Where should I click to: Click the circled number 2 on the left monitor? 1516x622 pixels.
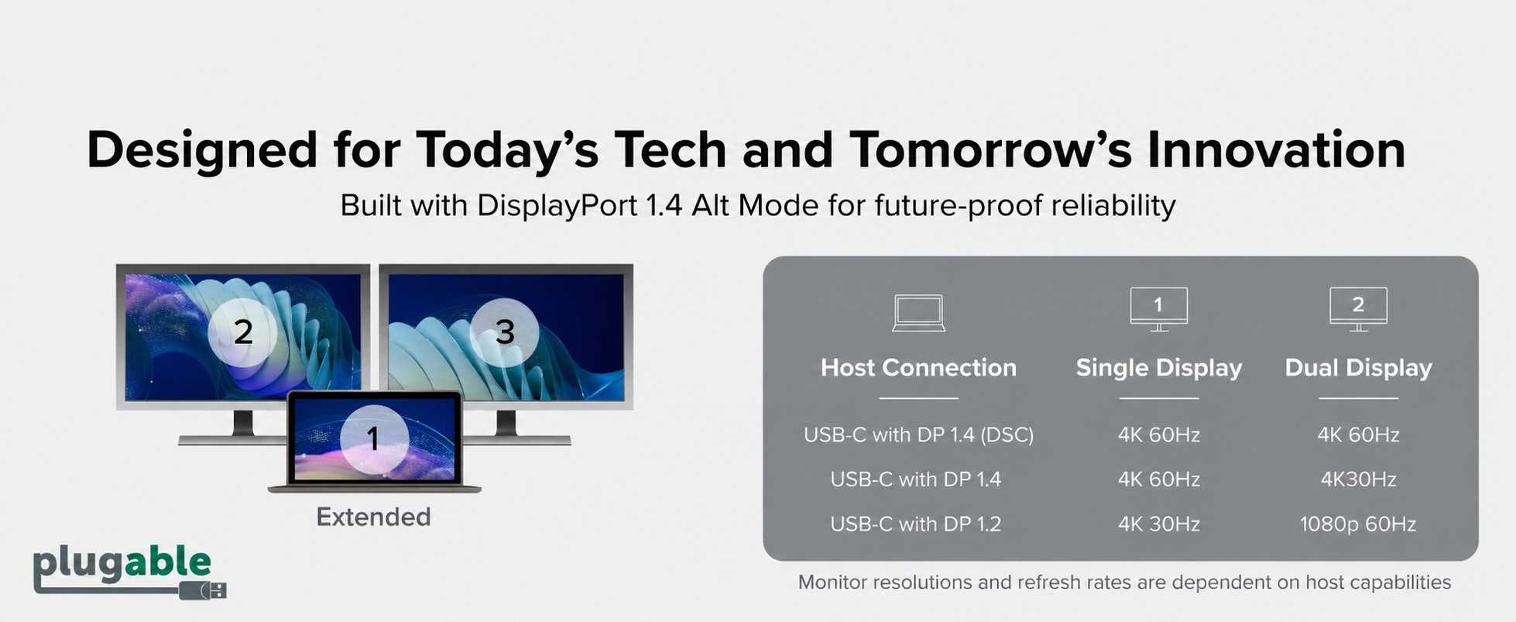pos(243,332)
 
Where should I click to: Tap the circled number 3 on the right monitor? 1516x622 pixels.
pos(505,332)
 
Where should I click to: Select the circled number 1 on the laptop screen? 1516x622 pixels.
pos(373,439)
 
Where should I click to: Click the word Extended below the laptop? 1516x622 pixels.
pos(373,517)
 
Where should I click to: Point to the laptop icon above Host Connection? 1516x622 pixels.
pos(918,313)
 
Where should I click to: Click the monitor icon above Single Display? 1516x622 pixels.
pos(1158,309)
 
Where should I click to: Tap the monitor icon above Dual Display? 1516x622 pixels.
pos(1358,309)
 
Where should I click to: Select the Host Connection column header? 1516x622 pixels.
pos(918,367)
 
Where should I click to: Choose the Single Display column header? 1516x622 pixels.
pos(1158,367)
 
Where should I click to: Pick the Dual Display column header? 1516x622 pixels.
pos(1358,367)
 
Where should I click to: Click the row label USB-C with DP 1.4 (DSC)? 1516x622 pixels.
pos(918,435)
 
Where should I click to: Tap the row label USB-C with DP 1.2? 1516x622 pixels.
pos(915,524)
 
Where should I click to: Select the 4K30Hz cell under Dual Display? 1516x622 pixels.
pos(1358,479)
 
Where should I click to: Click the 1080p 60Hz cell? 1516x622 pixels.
pos(1358,524)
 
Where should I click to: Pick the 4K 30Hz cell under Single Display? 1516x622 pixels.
pos(1158,524)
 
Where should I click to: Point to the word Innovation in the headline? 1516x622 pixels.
pos(1276,149)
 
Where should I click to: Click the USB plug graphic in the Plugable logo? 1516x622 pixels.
pos(203,590)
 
